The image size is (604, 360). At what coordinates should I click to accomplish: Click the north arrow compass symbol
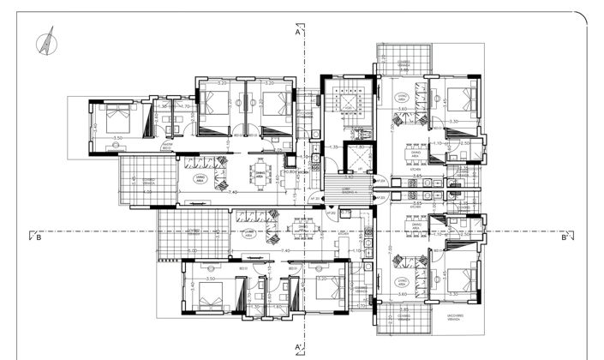coord(44,39)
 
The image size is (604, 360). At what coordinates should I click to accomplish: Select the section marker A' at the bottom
coord(297,347)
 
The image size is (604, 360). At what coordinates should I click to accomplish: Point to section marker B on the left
coord(39,238)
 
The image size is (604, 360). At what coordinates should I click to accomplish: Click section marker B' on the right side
coord(565,238)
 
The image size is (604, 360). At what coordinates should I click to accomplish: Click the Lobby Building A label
coord(349,191)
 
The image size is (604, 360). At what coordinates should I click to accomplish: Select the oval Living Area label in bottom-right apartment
coord(402,280)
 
